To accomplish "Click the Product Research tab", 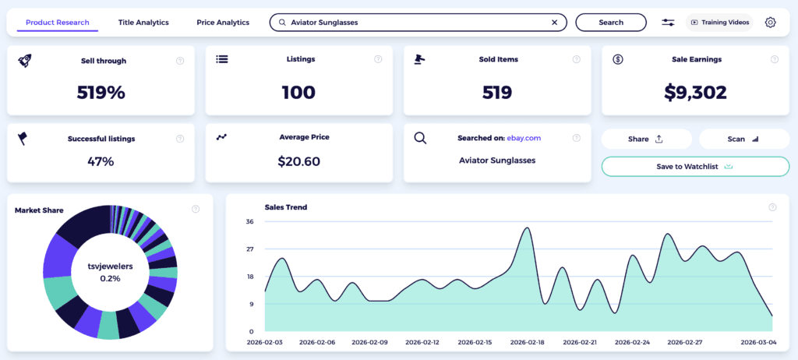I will [57, 23].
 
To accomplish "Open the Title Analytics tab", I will [143, 23].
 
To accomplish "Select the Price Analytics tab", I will [223, 23].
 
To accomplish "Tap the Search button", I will [611, 23].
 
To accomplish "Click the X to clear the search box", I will [554, 23].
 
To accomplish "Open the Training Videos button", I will [719, 23].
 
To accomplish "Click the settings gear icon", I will [770, 23].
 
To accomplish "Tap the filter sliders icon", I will [668, 23].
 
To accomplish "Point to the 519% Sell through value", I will [101, 92].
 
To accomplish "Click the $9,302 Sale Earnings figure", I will [695, 92].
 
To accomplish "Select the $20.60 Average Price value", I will [298, 161].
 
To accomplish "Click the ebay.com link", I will [524, 138].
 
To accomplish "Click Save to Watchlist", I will [695, 166].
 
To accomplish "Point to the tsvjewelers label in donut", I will [110, 266].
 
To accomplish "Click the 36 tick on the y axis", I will [250, 222].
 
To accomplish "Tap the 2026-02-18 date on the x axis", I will [527, 342].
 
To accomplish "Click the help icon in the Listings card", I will [378, 59].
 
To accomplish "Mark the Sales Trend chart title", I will [286, 207].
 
